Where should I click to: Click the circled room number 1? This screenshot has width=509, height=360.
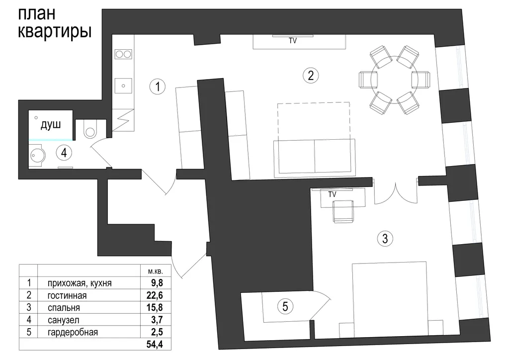[x=158, y=87]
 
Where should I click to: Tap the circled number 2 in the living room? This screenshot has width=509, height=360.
[x=311, y=75]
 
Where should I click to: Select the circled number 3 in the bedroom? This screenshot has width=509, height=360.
[x=385, y=239]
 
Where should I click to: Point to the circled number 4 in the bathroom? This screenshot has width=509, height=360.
[x=64, y=153]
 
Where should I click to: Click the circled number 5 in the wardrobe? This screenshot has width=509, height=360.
[x=285, y=306]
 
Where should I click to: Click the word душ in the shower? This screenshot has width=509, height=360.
[x=51, y=124]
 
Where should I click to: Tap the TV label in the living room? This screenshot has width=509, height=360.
[x=293, y=41]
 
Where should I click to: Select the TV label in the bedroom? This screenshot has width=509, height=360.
[x=332, y=194]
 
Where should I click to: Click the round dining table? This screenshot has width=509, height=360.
[x=394, y=80]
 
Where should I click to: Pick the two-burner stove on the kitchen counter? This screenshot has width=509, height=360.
[x=123, y=54]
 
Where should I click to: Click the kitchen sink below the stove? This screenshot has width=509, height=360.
[x=123, y=86]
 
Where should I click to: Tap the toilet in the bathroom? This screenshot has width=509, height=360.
[x=89, y=129]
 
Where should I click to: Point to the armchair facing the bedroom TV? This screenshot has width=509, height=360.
[x=343, y=211]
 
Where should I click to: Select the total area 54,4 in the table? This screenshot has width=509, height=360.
[x=155, y=344]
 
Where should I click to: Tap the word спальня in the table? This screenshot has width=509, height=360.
[x=64, y=308]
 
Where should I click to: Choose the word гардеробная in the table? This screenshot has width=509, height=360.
[x=73, y=333]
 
